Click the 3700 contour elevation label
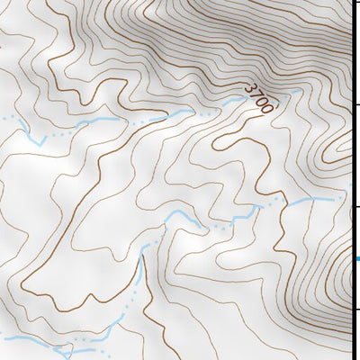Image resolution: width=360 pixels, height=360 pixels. tap(258, 96)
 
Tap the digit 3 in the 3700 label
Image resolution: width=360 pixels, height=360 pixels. tap(249, 88)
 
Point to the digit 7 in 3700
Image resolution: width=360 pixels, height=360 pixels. tap(255, 94)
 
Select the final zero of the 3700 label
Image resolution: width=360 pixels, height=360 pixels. tap(266, 105)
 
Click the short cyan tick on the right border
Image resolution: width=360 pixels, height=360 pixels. tap(355, 260)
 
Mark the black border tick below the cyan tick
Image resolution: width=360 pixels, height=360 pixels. tap(355, 310)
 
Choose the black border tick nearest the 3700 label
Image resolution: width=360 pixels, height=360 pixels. tap(355, 105)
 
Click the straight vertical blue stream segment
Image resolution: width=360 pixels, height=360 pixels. tap(140, 274)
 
